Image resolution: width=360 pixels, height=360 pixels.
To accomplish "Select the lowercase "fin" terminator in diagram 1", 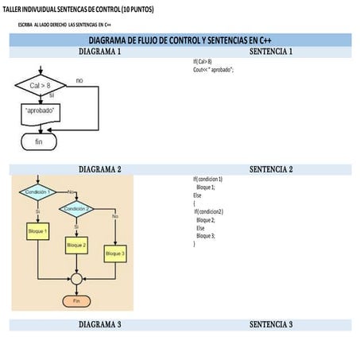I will (x=38, y=141).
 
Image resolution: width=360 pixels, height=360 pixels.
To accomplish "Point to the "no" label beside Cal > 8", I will (x=79, y=81).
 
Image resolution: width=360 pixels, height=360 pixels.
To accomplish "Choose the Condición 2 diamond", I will (x=76, y=208).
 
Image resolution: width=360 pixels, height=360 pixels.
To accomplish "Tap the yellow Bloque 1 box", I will (x=37, y=231).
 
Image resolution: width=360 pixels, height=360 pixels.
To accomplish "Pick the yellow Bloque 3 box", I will (x=115, y=254).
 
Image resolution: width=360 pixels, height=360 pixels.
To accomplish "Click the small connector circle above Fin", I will (x=76, y=279).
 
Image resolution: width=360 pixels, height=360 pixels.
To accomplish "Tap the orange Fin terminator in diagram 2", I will (x=76, y=301).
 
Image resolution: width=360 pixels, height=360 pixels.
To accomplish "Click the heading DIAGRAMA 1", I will (x=100, y=52).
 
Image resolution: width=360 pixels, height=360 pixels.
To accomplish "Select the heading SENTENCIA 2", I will (x=271, y=169).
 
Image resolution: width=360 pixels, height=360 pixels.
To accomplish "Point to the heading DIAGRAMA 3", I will (x=100, y=325).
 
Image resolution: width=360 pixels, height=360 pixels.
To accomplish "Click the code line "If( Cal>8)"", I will (x=203, y=61).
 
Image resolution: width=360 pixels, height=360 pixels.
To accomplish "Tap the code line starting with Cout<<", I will (x=213, y=69).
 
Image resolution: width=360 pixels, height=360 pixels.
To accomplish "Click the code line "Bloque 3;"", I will (x=206, y=236).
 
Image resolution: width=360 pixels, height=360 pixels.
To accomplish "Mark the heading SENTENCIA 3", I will (x=271, y=325).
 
